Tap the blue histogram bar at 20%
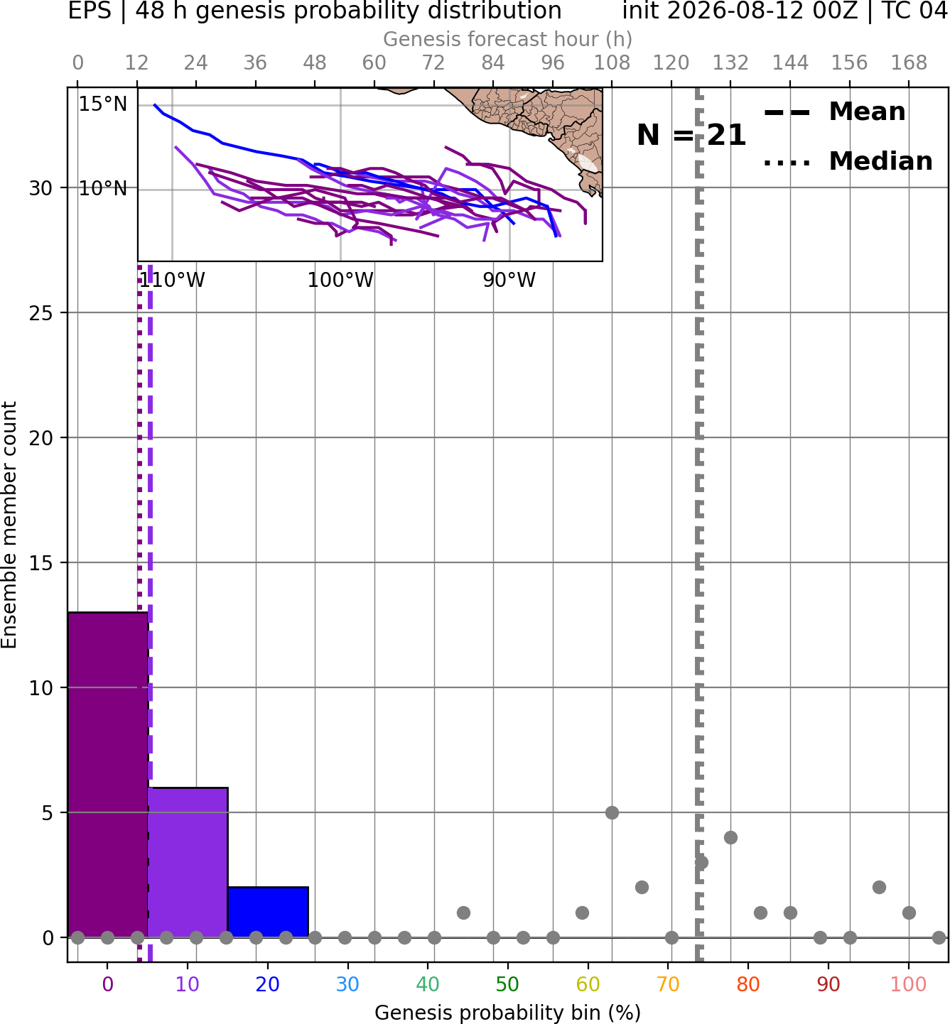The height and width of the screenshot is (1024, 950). [268, 912]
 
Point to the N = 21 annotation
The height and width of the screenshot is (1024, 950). [691, 135]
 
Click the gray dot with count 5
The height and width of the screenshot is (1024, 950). [612, 812]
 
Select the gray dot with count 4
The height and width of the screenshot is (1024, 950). [730, 837]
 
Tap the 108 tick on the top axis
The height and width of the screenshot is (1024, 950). [612, 63]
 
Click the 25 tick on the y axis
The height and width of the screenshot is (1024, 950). [41, 313]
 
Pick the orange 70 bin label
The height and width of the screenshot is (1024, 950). [668, 985]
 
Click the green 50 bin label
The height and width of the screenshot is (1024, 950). [508, 985]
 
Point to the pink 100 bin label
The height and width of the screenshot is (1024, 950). [909, 985]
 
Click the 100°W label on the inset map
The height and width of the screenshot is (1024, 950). [340, 280]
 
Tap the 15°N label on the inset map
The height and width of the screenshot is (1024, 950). [103, 104]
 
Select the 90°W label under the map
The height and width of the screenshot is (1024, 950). [509, 280]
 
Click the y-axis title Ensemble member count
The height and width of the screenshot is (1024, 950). [9, 525]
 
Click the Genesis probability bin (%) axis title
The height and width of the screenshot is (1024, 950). [508, 1013]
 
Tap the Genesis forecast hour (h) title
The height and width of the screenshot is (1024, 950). [508, 39]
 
